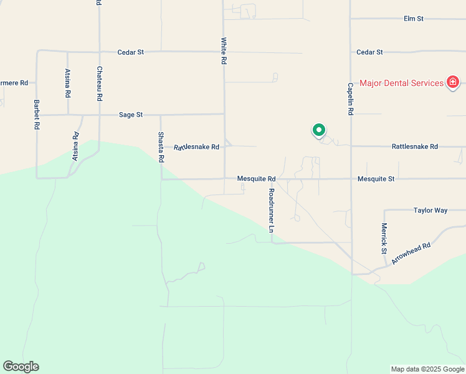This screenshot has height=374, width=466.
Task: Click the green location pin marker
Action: pyautogui.click(x=318, y=130)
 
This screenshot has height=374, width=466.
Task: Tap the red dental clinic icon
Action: pyautogui.click(x=453, y=82)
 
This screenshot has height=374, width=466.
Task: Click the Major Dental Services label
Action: pyautogui.click(x=402, y=83)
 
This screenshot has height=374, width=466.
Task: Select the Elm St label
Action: pyautogui.click(x=414, y=19)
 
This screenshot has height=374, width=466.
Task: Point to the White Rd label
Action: pyautogui.click(x=223, y=51)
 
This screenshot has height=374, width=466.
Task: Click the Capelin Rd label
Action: pyautogui.click(x=351, y=98)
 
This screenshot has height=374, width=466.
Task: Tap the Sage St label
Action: pyautogui.click(x=131, y=115)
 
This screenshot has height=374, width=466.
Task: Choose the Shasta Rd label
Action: pyautogui.click(x=161, y=147)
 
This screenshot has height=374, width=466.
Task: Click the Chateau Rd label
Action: pyautogui.click(x=99, y=84)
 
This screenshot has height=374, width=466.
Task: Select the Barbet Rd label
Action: pyautogui.click(x=37, y=114)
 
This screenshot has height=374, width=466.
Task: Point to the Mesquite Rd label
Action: pyautogui.click(x=256, y=179)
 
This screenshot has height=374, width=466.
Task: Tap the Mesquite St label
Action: pyautogui.click(x=376, y=179)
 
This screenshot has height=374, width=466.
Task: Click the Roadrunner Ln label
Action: pyautogui.click(x=272, y=211)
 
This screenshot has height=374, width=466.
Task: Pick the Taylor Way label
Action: pyautogui.click(x=430, y=211)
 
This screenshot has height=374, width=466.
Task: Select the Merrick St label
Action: pyautogui.click(x=384, y=238)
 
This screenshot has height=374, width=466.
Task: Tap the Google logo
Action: pyautogui.click(x=21, y=367)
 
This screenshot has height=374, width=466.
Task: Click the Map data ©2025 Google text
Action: pyautogui.click(x=427, y=369)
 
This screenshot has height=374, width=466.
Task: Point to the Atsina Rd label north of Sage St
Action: pyautogui.click(x=68, y=82)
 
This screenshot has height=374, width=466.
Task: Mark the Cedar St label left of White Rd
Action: pyautogui.click(x=131, y=52)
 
